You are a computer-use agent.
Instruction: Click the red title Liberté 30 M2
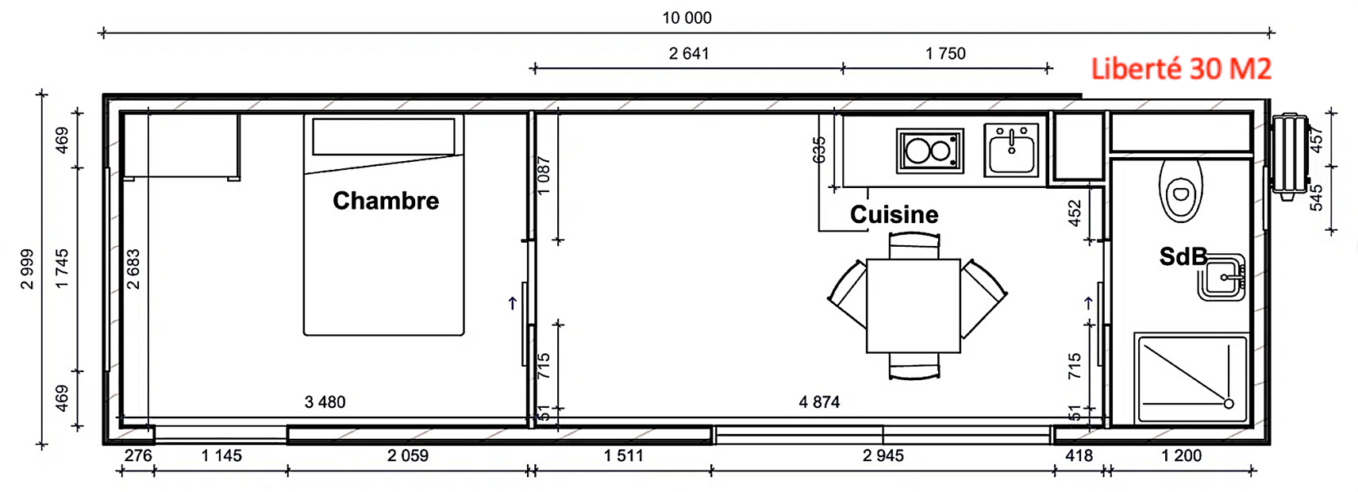(x=1181, y=69)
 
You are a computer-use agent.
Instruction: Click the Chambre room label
(x=386, y=201)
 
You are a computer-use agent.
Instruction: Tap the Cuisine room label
(x=894, y=214)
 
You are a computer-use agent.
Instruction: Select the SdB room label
(x=1183, y=256)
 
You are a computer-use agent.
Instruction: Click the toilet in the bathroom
(x=1180, y=190)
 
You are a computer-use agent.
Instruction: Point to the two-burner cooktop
(x=929, y=151)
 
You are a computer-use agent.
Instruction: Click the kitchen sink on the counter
(x=1011, y=149)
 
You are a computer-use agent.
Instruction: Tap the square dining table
(x=914, y=306)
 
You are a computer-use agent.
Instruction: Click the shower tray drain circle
(x=1229, y=404)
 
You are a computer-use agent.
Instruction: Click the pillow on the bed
(x=383, y=136)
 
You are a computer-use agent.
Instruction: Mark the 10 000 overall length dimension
(x=687, y=17)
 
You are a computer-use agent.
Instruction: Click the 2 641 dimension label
(x=688, y=53)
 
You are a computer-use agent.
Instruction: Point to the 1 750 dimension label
(x=945, y=53)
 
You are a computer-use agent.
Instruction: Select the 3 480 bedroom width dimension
(x=325, y=402)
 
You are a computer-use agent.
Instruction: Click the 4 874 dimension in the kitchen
(x=819, y=402)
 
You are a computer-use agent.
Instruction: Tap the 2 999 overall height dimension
(x=28, y=269)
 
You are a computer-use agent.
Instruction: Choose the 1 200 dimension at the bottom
(x=1181, y=455)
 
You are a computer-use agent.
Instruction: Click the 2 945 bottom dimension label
(x=883, y=455)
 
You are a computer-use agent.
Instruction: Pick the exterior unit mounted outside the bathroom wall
(x=1290, y=156)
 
